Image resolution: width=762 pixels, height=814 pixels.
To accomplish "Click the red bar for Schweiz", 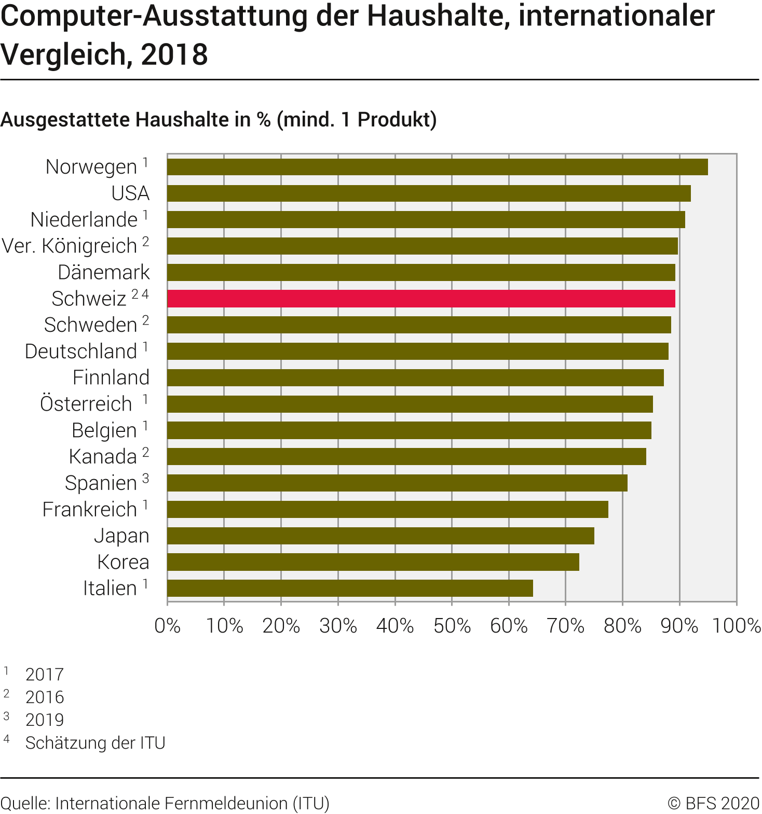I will tap(421, 299).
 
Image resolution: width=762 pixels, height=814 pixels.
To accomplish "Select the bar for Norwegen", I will tap(437, 167).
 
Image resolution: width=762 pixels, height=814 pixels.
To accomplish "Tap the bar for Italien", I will tap(350, 588).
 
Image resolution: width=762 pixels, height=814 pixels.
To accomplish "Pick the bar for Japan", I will tap(380, 536).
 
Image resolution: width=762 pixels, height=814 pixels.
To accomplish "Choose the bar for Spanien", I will tap(397, 483).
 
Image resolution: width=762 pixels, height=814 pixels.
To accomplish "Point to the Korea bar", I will tap(373, 562).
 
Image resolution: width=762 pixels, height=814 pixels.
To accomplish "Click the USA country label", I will tap(130, 193).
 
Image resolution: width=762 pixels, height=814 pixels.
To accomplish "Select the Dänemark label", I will tap(104, 272).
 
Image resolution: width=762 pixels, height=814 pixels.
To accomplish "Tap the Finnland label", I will tap(111, 377).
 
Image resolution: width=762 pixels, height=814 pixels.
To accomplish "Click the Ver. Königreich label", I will tap(70, 246).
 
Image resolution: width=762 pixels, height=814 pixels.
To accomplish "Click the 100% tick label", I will tap(737, 626).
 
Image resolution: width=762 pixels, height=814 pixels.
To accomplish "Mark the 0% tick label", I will tap(168, 626).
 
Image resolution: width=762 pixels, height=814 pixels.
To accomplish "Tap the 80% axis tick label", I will tap(622, 626).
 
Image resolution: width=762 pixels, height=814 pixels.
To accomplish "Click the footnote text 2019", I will tap(45, 720).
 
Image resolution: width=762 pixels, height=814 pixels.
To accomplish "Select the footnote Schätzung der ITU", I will tap(95, 742).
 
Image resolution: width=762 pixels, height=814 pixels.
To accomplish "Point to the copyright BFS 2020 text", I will tap(714, 803).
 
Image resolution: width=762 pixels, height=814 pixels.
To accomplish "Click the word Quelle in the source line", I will tap(24, 803).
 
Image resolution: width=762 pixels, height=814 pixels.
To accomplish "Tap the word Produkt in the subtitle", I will tap(394, 120).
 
